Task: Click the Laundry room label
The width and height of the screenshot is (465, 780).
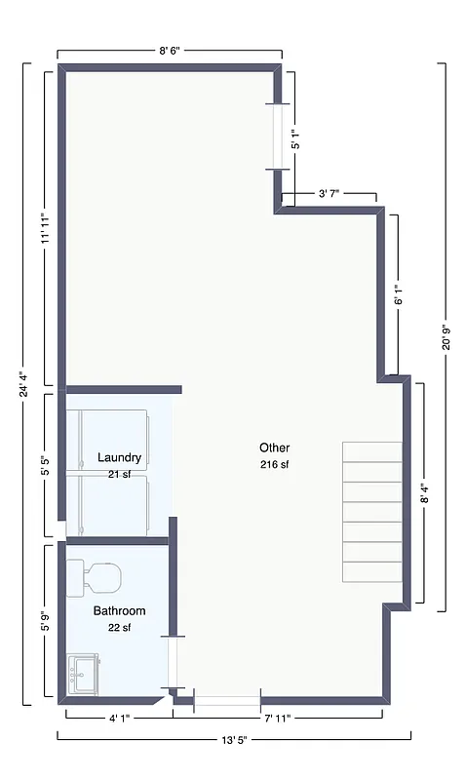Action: [120, 457]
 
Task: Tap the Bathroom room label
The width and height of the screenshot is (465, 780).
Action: [119, 611]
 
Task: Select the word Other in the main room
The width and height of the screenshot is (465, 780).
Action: [274, 448]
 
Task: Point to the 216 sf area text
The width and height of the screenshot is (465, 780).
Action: [274, 464]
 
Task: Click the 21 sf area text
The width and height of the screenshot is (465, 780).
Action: [120, 474]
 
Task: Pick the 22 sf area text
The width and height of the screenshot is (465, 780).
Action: [119, 628]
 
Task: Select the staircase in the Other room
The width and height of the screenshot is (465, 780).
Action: [371, 512]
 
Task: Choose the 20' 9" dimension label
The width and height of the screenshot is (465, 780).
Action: [446, 336]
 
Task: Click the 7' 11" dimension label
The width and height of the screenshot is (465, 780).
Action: [277, 719]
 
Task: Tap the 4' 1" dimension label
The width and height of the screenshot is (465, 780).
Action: [119, 719]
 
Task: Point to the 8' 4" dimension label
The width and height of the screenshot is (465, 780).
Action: [424, 493]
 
